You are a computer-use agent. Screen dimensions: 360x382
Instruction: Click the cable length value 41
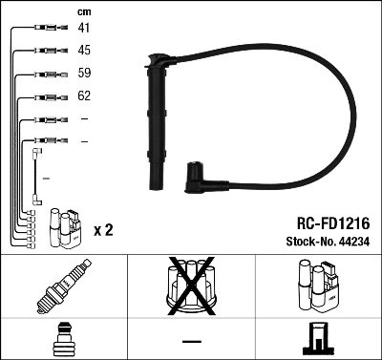84,30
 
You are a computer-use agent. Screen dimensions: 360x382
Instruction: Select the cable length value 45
84,51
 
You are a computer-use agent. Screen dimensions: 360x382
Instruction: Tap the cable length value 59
84,73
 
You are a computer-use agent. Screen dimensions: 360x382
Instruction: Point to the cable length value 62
84,95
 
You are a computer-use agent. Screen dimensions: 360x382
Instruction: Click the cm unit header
83,11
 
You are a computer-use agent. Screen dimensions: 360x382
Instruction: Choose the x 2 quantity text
104,231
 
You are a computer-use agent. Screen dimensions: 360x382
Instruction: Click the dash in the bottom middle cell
191,340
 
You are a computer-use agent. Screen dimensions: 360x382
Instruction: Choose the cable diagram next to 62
46,95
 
